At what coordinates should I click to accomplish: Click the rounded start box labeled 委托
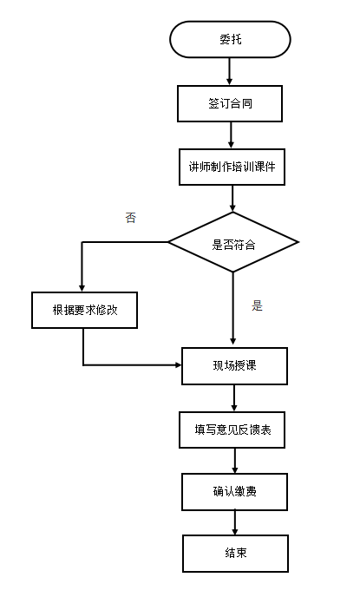(x=230, y=40)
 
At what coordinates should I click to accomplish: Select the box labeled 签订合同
(x=230, y=103)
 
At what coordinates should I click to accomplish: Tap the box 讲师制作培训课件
(x=232, y=167)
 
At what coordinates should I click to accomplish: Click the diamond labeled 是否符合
(x=233, y=242)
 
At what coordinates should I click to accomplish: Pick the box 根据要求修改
(x=84, y=311)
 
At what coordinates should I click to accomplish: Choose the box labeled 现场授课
(x=234, y=366)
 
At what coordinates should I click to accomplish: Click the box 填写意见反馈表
(x=232, y=430)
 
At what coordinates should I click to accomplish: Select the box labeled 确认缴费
(x=234, y=492)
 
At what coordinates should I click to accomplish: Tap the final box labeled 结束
(x=236, y=554)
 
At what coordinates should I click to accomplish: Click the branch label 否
(x=130, y=218)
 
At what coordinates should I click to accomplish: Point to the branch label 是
(x=258, y=305)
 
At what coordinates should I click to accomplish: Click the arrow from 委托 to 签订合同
(x=229, y=71)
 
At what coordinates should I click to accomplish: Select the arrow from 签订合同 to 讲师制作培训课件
(x=231, y=135)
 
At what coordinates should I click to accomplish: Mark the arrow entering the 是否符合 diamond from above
(x=232, y=199)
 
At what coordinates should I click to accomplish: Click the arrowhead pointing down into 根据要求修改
(x=82, y=288)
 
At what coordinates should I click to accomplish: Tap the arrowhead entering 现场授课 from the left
(x=178, y=365)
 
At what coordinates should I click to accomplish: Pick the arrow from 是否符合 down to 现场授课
(x=233, y=308)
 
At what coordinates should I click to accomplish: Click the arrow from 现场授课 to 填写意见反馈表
(x=234, y=398)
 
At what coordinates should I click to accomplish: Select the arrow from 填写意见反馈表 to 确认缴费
(x=235, y=461)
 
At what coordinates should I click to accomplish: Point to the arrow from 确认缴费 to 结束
(x=235, y=522)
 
